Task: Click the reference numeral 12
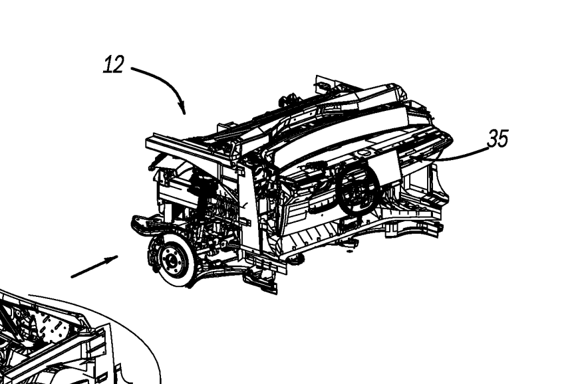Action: click(x=114, y=65)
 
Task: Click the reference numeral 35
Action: click(x=498, y=139)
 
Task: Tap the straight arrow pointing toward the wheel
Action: click(x=94, y=266)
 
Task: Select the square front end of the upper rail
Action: click(x=150, y=145)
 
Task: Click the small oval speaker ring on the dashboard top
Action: click(x=363, y=152)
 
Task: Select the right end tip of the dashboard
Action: click(x=451, y=140)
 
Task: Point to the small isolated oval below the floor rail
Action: click(x=349, y=252)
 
